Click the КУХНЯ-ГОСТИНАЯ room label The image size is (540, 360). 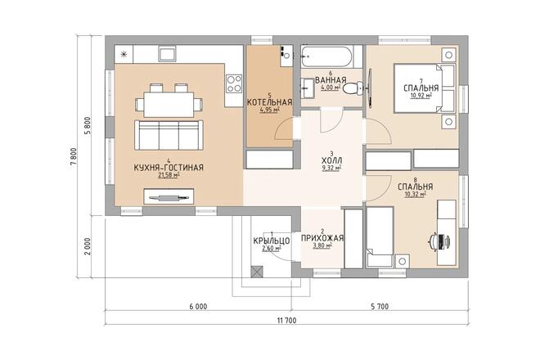click(x=169, y=168)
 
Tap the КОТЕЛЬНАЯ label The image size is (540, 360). click(x=270, y=102)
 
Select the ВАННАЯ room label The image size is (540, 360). click(x=331, y=80)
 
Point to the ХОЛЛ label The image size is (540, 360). click(x=331, y=160)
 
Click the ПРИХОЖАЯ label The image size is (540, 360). click(x=322, y=238)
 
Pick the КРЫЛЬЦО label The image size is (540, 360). click(x=272, y=241)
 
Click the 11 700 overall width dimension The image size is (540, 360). click(x=286, y=321)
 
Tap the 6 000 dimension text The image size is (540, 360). click(x=198, y=306)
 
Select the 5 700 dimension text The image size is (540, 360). click(x=380, y=306)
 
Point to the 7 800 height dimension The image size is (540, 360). click(x=74, y=157)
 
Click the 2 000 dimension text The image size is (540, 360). click(x=88, y=246)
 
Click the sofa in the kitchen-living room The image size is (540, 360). click(x=169, y=135)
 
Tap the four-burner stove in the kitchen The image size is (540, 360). click(x=234, y=84)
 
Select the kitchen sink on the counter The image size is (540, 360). click(x=168, y=54)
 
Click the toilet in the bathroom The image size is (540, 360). click(x=353, y=88)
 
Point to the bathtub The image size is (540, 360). click(x=326, y=56)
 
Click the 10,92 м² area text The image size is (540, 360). click(x=421, y=95)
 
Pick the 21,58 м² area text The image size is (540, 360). click(x=169, y=175)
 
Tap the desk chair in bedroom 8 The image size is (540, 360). click(x=440, y=241)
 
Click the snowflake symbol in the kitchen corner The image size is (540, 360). click(x=124, y=54)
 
